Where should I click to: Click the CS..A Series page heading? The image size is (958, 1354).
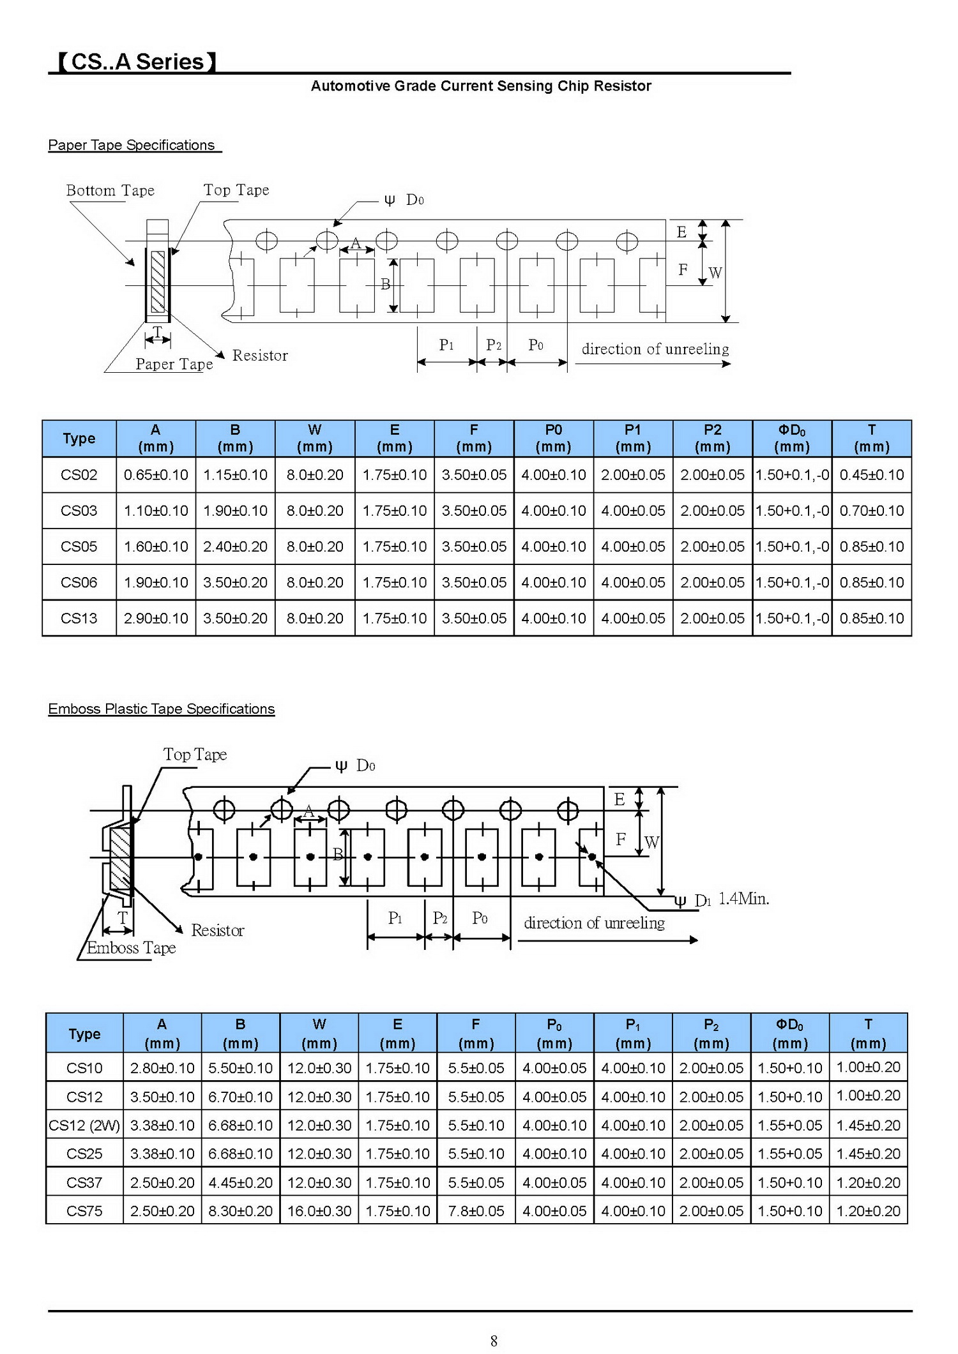[137, 62]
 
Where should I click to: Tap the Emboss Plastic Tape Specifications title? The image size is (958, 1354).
[162, 709]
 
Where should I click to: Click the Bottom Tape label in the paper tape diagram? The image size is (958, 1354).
[110, 190]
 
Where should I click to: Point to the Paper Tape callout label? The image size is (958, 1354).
[174, 364]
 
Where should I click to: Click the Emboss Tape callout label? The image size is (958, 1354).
[132, 947]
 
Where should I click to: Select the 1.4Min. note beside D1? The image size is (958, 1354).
[744, 899]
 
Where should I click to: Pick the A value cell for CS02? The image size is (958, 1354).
[156, 475]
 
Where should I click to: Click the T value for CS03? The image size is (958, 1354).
[872, 511]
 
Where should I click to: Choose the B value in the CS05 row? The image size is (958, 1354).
[235, 546]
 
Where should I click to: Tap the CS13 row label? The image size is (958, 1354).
[79, 618]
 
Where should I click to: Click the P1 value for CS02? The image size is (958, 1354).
[633, 475]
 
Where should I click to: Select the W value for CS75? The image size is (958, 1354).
[319, 1211]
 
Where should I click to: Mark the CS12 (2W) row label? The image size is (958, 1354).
[84, 1125]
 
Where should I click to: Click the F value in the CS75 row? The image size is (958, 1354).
[476, 1211]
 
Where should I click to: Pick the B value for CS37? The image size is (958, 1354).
[241, 1182]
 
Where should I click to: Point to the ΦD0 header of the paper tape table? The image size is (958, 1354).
[792, 438]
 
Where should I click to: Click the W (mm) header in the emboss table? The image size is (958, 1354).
[319, 1034]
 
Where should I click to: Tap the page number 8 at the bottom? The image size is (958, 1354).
[494, 1341]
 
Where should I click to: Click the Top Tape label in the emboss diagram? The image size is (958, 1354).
[195, 755]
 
